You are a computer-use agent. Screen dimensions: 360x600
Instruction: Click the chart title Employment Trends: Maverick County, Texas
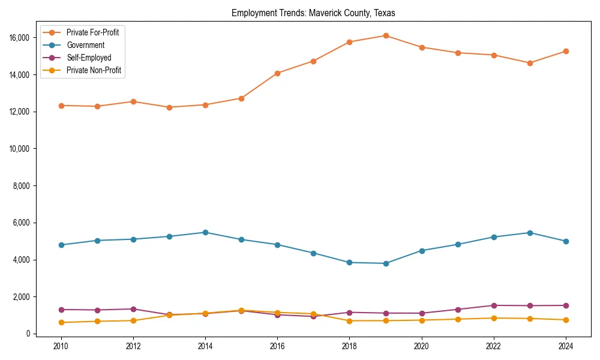(313, 13)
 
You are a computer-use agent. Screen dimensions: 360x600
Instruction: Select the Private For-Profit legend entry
(92, 32)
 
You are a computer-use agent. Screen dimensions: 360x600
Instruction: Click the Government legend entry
(85, 45)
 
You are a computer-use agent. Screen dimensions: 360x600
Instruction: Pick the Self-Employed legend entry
(88, 58)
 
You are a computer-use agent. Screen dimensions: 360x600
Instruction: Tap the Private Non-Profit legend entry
(94, 71)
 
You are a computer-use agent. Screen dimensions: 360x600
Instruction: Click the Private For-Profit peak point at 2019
(386, 35)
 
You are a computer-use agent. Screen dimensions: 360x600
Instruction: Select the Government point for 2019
(386, 263)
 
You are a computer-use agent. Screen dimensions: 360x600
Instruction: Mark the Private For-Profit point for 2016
(277, 73)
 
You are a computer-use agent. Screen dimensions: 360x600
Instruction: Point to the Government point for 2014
(205, 232)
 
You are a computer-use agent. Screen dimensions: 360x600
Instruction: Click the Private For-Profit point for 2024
(566, 51)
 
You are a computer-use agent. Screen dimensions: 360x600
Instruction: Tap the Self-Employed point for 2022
(494, 305)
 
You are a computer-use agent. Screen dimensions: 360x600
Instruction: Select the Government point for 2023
(530, 233)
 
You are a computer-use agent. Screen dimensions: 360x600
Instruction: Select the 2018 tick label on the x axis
(349, 346)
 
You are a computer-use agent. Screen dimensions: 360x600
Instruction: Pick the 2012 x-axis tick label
(133, 346)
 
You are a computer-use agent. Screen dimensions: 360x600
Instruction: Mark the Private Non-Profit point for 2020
(422, 320)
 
